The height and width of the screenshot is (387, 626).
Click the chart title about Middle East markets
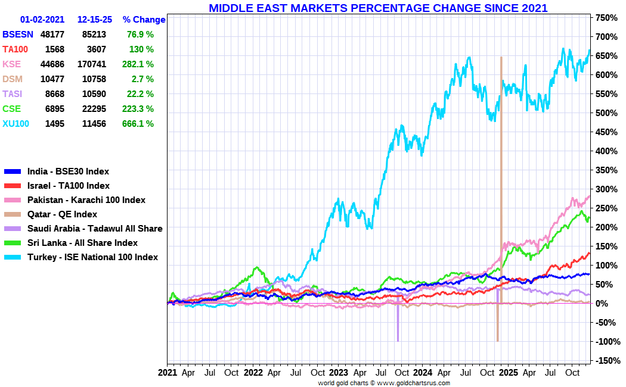pyautogui.click(x=378, y=8)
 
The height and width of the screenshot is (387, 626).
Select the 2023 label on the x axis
pyautogui.click(x=339, y=373)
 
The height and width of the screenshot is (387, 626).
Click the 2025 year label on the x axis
pyautogui.click(x=508, y=373)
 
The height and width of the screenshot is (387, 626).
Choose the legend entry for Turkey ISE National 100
pyautogui.click(x=92, y=257)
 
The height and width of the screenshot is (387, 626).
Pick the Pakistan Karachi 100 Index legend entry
pyautogui.click(x=86, y=200)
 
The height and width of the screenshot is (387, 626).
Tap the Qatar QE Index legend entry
pyautogui.click(x=62, y=214)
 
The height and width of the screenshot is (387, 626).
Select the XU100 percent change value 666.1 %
pyautogui.click(x=140, y=124)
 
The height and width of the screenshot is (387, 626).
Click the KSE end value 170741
pyautogui.click(x=91, y=64)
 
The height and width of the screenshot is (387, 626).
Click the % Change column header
pyautogui.click(x=144, y=20)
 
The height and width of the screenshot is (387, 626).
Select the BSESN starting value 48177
pyautogui.click(x=52, y=35)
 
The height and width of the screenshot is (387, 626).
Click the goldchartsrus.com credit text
pyautogui.click(x=384, y=383)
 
